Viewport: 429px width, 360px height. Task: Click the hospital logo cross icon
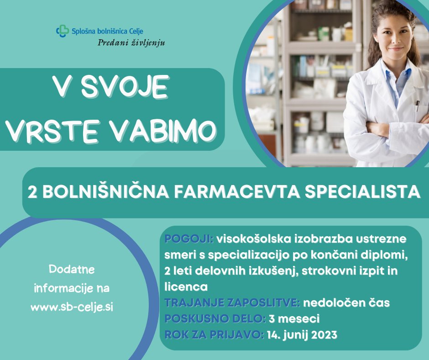62,31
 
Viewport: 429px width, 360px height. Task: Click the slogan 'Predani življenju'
131,43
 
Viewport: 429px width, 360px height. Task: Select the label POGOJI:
188,239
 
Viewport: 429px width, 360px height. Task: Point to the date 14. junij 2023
302,335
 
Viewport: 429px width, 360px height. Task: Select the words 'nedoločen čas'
346,303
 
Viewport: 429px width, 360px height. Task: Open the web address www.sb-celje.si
72,307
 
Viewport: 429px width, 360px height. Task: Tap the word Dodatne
72,270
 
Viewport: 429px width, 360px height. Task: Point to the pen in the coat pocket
417,106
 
